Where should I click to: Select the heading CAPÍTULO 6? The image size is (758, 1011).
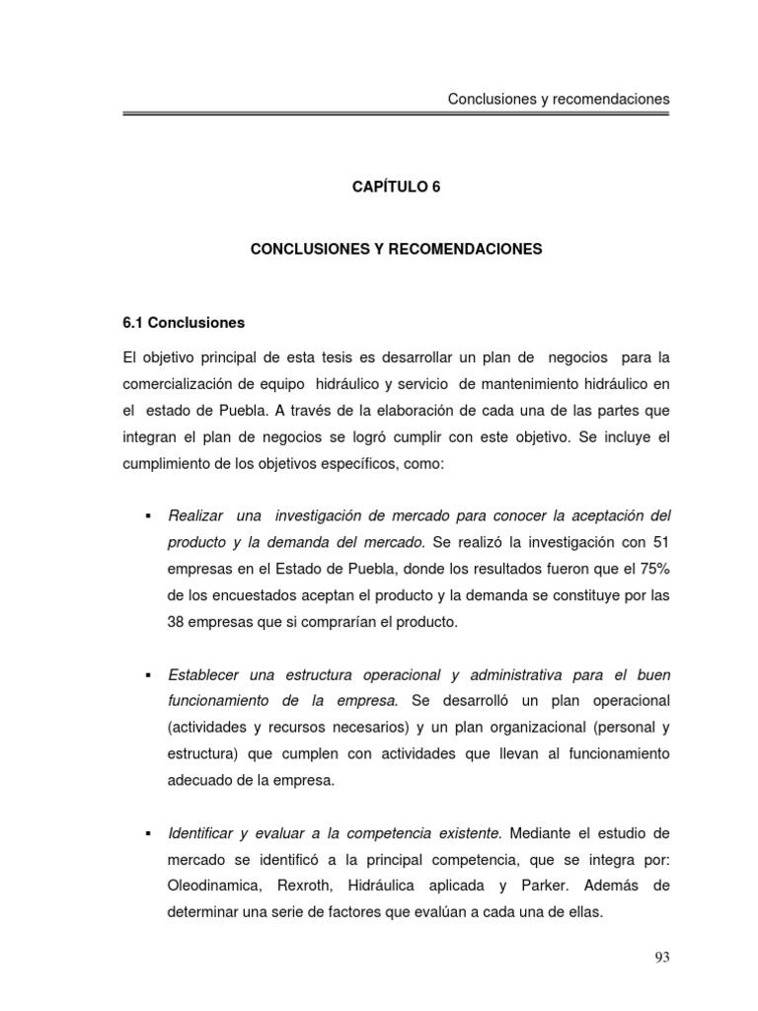(x=396, y=186)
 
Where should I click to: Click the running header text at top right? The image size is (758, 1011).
(x=559, y=99)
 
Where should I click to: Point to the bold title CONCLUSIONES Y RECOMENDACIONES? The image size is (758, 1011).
(x=396, y=250)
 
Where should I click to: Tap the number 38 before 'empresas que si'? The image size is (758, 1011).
(x=180, y=622)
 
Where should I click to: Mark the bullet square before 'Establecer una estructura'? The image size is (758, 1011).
(x=146, y=675)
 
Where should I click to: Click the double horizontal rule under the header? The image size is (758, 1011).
(x=396, y=116)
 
